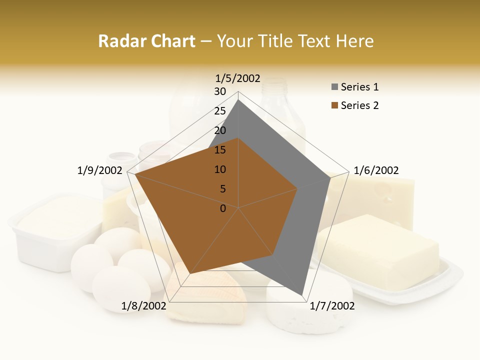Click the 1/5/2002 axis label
click(237, 78)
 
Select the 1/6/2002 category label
click(376, 170)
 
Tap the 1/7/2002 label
click(332, 305)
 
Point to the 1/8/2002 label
click(143, 305)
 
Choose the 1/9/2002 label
click(99, 170)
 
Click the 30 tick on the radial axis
click(220, 91)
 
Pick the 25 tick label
click(220, 111)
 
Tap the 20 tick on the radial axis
click(220, 130)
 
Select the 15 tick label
click(220, 150)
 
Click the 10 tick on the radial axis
click(220, 169)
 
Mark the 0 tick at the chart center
click(223, 208)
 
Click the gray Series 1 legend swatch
click(334, 87)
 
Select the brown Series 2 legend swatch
click(334, 105)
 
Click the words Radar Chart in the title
click(146, 41)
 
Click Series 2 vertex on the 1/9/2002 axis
click(135, 174)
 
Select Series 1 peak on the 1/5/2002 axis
click(238, 99)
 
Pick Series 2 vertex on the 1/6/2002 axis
click(297, 188)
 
